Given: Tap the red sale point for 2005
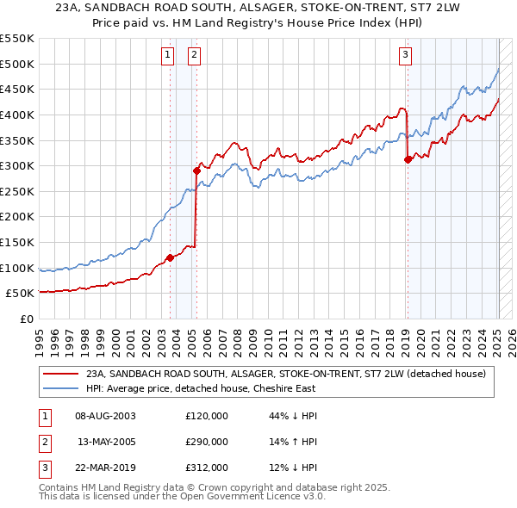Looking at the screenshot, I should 196,170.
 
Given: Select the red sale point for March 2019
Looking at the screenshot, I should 408,159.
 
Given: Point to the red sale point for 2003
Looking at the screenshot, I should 170,257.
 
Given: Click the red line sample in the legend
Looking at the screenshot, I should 61,374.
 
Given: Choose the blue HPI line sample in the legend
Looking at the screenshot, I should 61,388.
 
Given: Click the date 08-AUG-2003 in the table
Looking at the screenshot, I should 106,416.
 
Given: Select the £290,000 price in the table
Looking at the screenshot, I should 207,442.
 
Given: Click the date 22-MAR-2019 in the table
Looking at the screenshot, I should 106,468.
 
